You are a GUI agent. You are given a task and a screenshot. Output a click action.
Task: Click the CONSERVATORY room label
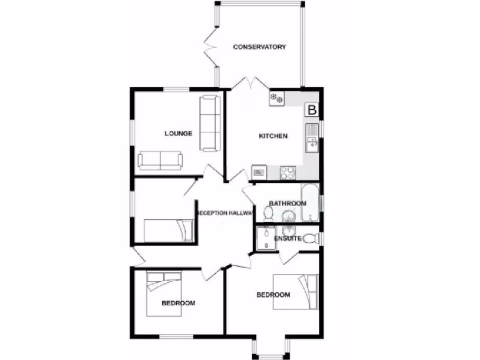point(259,47)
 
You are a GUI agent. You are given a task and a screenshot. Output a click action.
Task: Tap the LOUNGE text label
point(178,134)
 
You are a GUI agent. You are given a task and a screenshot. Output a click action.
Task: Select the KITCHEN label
point(273,136)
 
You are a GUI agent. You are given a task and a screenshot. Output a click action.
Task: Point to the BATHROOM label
point(287,203)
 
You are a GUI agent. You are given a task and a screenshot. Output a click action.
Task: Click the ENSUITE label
point(287,238)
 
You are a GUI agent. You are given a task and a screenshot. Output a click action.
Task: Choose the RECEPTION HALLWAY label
point(225,213)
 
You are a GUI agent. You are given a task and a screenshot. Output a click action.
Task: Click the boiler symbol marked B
point(312,111)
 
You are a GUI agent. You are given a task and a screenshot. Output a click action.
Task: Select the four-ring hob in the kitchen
point(287,172)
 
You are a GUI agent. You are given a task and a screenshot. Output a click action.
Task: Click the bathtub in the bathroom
point(310,203)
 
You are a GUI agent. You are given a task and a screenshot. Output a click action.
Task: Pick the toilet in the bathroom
point(268,214)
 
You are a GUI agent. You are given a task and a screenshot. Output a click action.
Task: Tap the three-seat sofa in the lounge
point(210,123)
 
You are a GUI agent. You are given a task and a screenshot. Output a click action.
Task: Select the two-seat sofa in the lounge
point(160,161)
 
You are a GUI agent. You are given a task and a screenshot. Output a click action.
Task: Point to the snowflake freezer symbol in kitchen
point(277,98)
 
